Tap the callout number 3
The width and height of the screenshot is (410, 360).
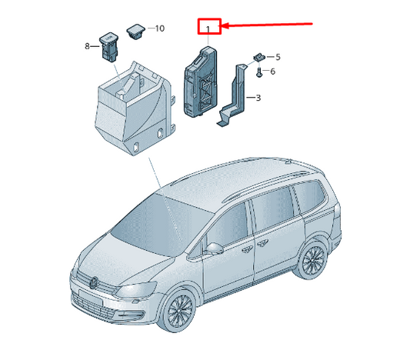[258, 98]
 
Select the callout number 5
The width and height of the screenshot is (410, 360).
[278, 57]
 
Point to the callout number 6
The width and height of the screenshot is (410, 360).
[272, 72]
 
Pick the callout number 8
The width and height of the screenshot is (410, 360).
[87, 46]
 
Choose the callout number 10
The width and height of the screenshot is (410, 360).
[159, 28]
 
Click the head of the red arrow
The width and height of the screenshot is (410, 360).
[224, 27]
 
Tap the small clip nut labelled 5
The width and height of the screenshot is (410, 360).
[259, 57]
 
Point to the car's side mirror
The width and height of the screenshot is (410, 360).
[214, 248]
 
